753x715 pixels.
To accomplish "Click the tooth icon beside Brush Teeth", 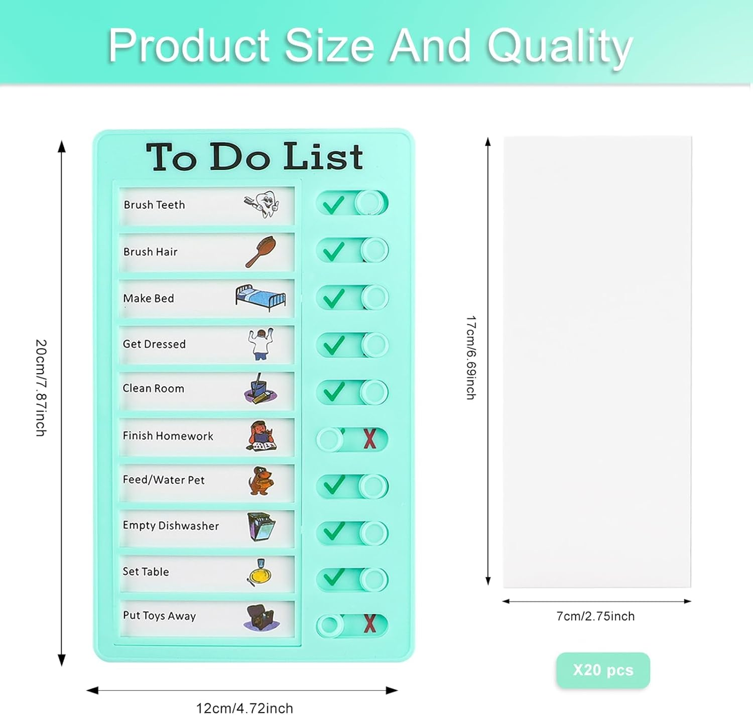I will point(263,204).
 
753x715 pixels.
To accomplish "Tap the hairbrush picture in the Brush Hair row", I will point(261,251).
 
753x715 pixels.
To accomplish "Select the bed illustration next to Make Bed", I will point(261,297).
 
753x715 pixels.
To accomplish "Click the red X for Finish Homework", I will point(370,439).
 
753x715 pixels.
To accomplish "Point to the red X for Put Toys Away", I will point(370,624).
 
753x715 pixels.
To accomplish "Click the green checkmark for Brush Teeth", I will point(333,204).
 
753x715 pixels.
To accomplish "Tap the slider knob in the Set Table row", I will point(374,579).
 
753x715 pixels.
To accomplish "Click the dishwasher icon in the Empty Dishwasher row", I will point(261,526).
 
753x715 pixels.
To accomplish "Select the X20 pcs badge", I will point(603,670).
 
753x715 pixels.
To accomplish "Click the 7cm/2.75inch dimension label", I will point(595,616).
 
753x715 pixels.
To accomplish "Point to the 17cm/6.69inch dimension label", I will point(471,357).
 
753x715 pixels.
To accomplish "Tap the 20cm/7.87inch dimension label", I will point(41,388).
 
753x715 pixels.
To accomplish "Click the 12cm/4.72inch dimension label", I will point(244,708).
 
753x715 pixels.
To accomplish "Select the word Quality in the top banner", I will point(560,46).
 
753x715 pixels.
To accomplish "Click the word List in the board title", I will point(323,157).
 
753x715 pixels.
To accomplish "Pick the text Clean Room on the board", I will point(154,389).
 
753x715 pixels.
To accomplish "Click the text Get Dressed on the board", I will point(155,344).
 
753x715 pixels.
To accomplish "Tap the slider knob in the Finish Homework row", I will point(330,439).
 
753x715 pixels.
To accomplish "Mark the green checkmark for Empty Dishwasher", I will point(333,531).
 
